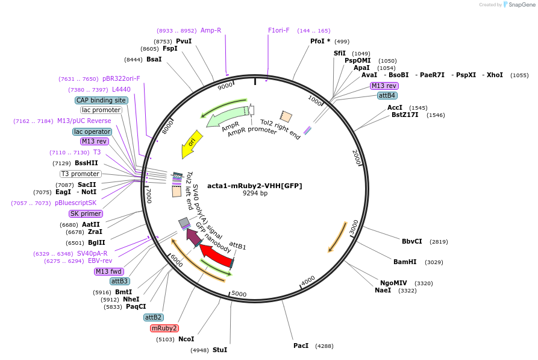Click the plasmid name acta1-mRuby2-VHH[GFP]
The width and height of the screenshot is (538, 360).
254,186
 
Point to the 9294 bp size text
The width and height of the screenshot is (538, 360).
255,194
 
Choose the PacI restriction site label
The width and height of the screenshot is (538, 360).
301,346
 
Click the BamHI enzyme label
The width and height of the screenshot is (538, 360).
405,262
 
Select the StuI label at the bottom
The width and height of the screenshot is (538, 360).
219,350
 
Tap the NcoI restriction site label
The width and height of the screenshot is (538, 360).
186,339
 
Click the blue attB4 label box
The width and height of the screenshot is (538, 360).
387,95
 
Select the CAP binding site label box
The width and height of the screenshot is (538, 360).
102,100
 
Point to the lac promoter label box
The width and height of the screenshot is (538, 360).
101,110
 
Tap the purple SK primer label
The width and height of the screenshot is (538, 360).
86,213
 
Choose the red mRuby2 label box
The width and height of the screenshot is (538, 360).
164,328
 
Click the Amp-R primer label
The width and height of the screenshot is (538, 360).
210,30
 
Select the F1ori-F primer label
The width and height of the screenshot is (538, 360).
278,30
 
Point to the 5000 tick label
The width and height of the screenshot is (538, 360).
239,294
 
